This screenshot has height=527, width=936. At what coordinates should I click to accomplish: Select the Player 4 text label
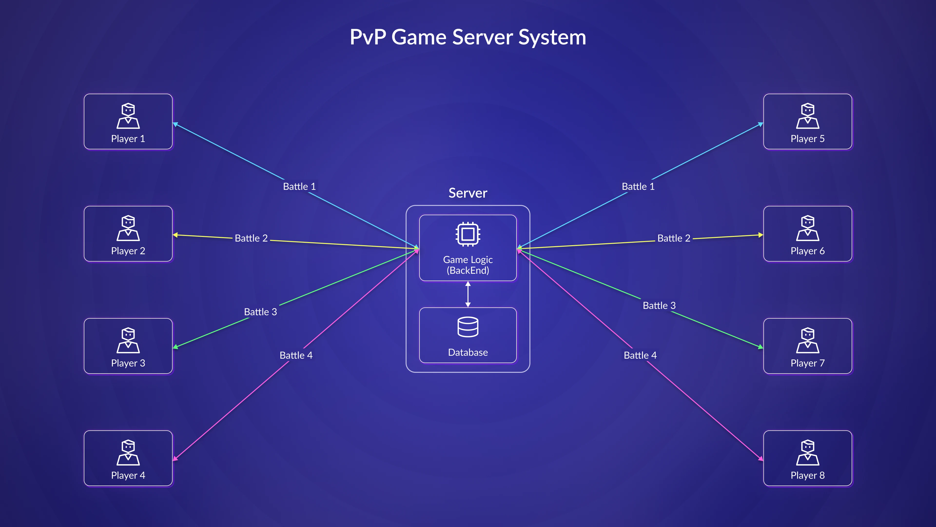click(128, 475)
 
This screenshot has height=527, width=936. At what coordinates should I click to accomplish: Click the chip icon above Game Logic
click(468, 234)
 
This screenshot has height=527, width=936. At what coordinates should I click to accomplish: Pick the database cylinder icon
click(468, 327)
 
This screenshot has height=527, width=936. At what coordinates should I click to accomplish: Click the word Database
click(468, 352)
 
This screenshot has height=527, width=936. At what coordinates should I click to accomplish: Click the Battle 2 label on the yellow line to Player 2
click(251, 238)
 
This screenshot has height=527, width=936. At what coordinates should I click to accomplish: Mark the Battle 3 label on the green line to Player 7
click(659, 305)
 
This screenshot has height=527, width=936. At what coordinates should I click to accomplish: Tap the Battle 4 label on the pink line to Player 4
click(296, 355)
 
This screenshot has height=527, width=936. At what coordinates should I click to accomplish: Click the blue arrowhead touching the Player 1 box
click(175, 124)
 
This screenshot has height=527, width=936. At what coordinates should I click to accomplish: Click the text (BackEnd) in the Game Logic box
click(468, 270)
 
